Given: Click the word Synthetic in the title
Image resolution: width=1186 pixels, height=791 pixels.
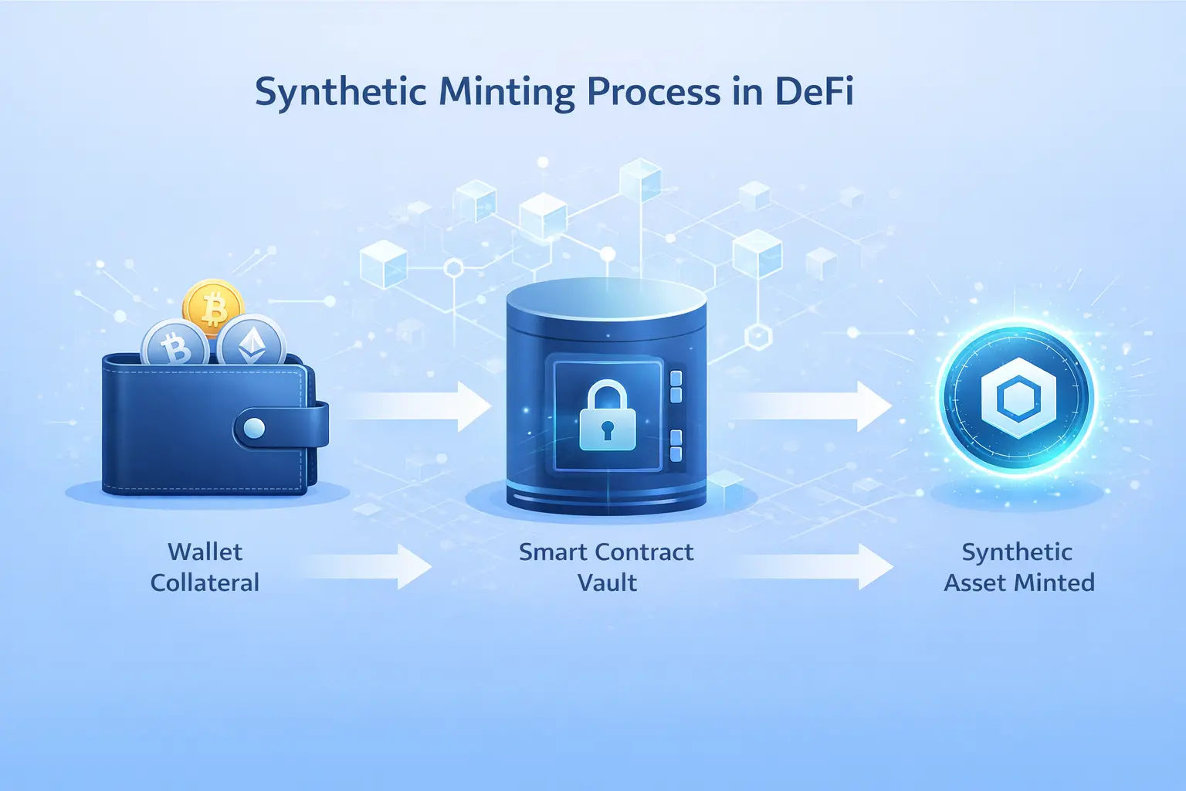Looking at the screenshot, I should pyautogui.click(x=340, y=93).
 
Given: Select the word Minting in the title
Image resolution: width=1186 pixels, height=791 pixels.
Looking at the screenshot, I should pyautogui.click(x=507, y=93).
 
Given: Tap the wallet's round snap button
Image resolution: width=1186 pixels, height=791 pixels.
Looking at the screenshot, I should pyautogui.click(x=254, y=428).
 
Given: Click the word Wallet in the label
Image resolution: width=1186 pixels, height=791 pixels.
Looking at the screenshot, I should pyautogui.click(x=205, y=552).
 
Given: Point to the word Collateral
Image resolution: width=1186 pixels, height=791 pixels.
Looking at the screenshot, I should pyautogui.click(x=205, y=582).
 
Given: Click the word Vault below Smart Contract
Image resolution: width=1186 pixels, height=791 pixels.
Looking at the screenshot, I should pyautogui.click(x=607, y=582).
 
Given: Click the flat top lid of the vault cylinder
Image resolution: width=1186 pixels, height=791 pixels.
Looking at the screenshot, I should pyautogui.click(x=607, y=294).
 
